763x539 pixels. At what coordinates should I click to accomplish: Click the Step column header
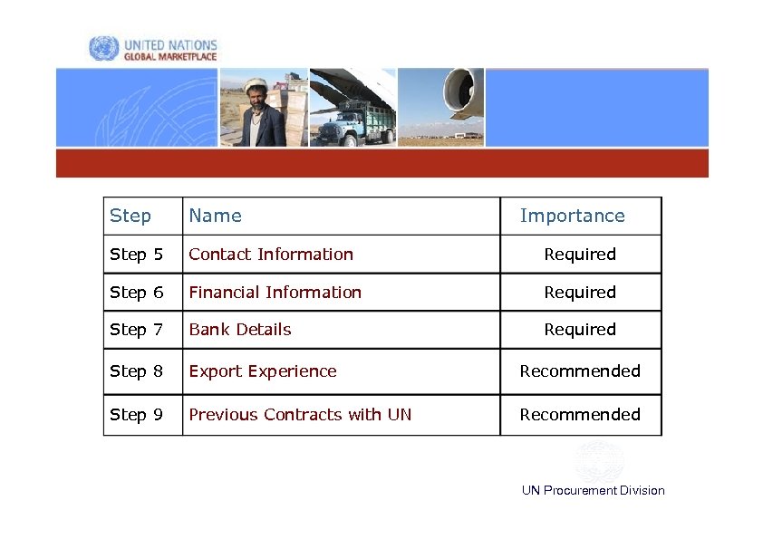coord(130,216)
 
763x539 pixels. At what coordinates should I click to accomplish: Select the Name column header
coord(215,216)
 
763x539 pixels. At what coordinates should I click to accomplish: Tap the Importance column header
coord(572,216)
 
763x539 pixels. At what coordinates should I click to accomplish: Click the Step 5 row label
coord(136,255)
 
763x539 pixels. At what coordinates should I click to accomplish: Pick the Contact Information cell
coord(271,255)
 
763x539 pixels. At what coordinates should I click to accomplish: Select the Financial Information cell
coord(275,293)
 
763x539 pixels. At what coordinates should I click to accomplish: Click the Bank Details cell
coord(240,330)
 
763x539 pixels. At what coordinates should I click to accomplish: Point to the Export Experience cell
coord(263,371)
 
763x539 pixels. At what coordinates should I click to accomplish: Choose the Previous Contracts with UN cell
coord(300,415)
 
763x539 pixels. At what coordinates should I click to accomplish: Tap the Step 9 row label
coord(136,415)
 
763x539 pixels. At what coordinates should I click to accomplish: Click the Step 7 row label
coord(136,330)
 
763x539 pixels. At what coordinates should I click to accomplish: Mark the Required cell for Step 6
coord(580,293)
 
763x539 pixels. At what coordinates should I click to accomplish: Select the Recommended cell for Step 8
coord(580,371)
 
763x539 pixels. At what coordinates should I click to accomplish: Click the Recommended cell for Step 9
coord(580,415)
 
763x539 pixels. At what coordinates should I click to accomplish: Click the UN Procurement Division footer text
coord(593,490)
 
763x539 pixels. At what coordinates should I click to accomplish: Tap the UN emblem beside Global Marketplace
coord(103,49)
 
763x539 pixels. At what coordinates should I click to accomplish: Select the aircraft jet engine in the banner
coord(463,92)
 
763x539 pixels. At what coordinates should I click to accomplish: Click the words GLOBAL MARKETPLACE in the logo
coord(170,56)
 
